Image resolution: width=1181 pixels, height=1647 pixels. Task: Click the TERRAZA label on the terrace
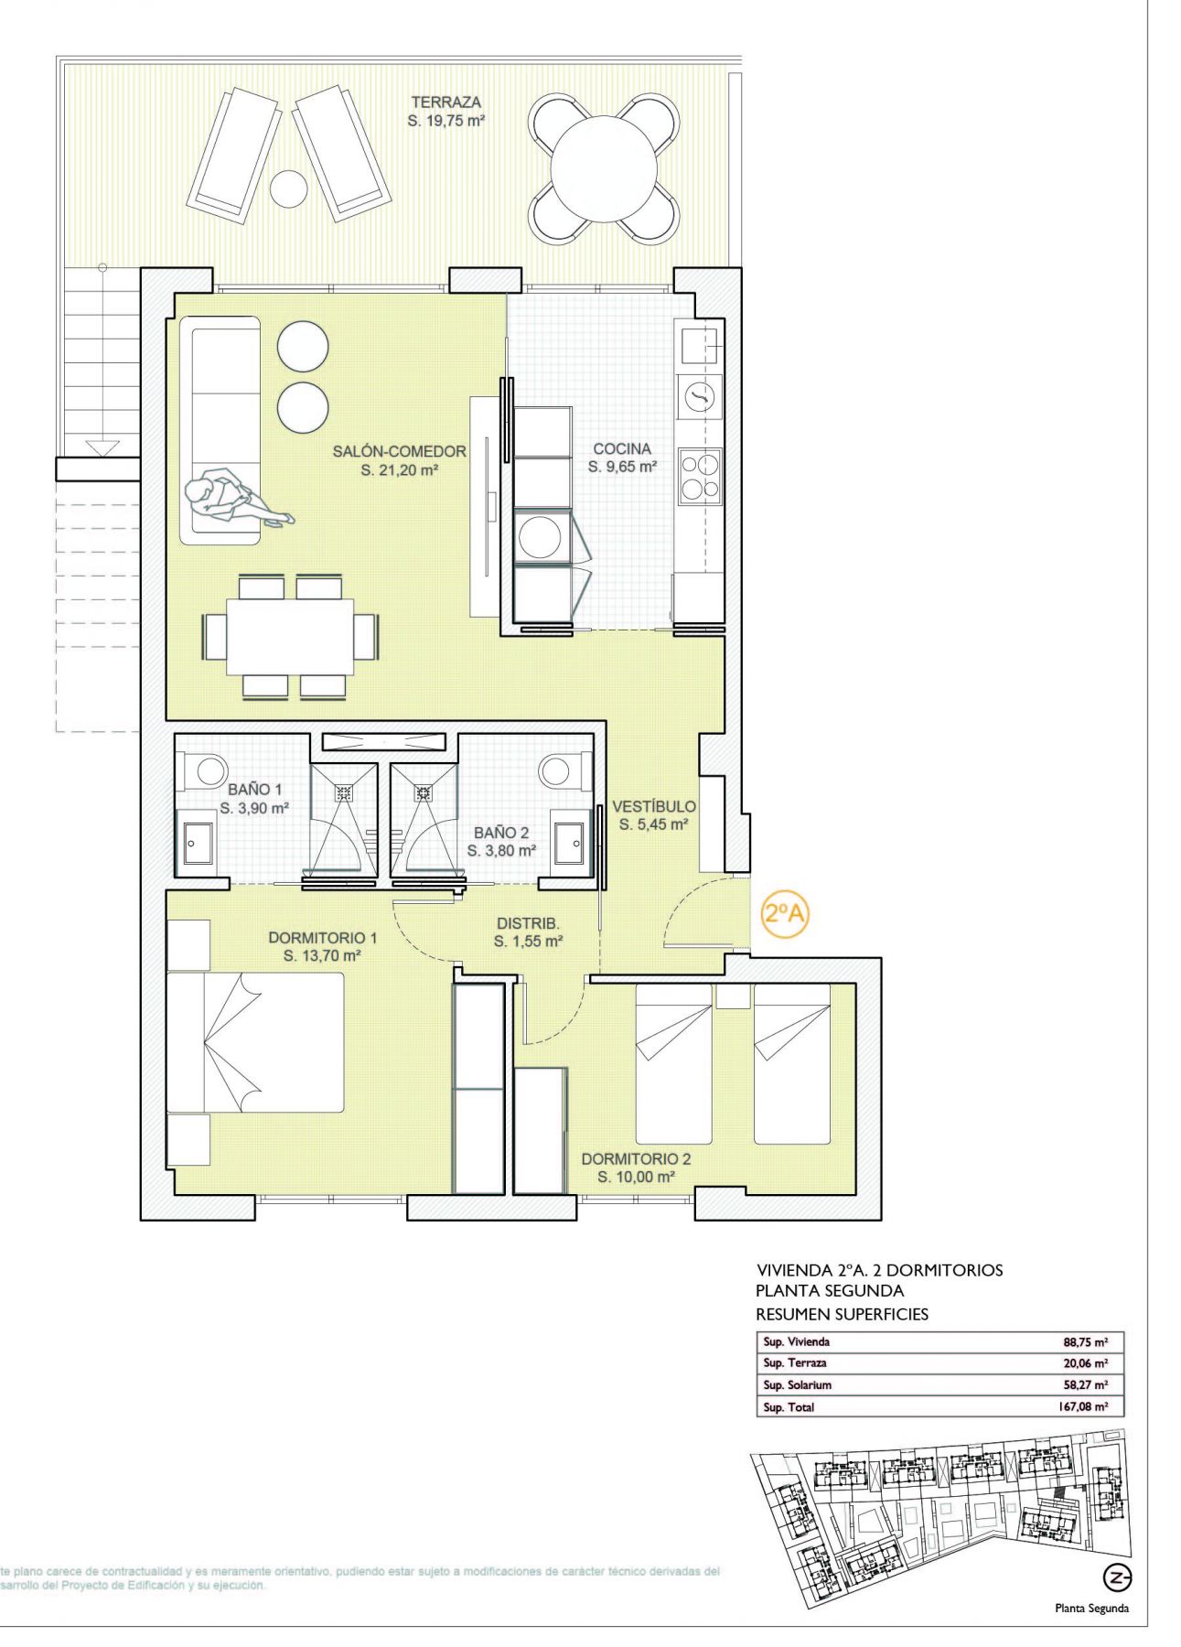click(x=446, y=102)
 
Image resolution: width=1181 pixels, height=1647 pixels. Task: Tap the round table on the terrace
click(x=604, y=168)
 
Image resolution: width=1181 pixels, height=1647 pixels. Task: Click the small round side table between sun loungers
click(x=288, y=188)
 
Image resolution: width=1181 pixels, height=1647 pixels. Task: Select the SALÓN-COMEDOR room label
click(x=399, y=451)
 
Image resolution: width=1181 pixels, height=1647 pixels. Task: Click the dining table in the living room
click(x=290, y=636)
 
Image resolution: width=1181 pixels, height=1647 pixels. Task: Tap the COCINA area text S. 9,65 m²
click(x=622, y=467)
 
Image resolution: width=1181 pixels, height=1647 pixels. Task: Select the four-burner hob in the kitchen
click(x=699, y=477)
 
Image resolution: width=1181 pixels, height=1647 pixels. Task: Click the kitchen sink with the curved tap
click(x=699, y=396)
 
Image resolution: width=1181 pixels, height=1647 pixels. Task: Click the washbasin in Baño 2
click(x=572, y=842)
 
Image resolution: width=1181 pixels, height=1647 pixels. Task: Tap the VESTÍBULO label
click(x=653, y=806)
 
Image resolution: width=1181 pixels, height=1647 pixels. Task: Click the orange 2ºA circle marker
click(x=785, y=913)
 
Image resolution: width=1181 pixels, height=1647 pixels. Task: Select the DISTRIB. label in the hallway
click(x=528, y=923)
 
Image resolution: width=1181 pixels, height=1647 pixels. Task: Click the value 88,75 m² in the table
click(x=1085, y=1342)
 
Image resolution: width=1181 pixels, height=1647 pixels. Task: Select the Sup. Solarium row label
click(x=797, y=1385)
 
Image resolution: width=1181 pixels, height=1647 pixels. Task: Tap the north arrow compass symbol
click(x=1117, y=1577)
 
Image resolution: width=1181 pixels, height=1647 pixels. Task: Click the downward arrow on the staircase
click(x=102, y=447)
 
